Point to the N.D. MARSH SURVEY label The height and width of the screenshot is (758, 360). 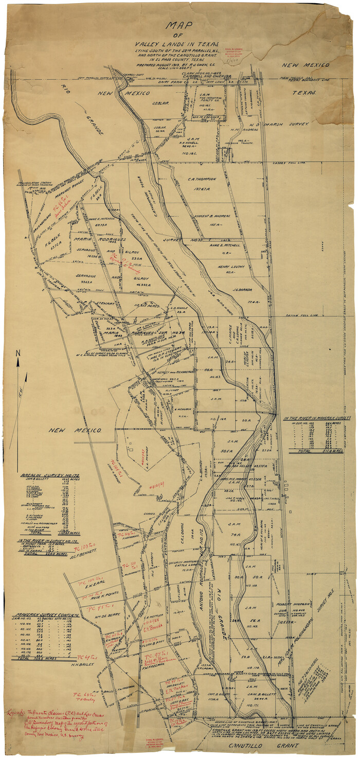pyautogui.click(x=285, y=125)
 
